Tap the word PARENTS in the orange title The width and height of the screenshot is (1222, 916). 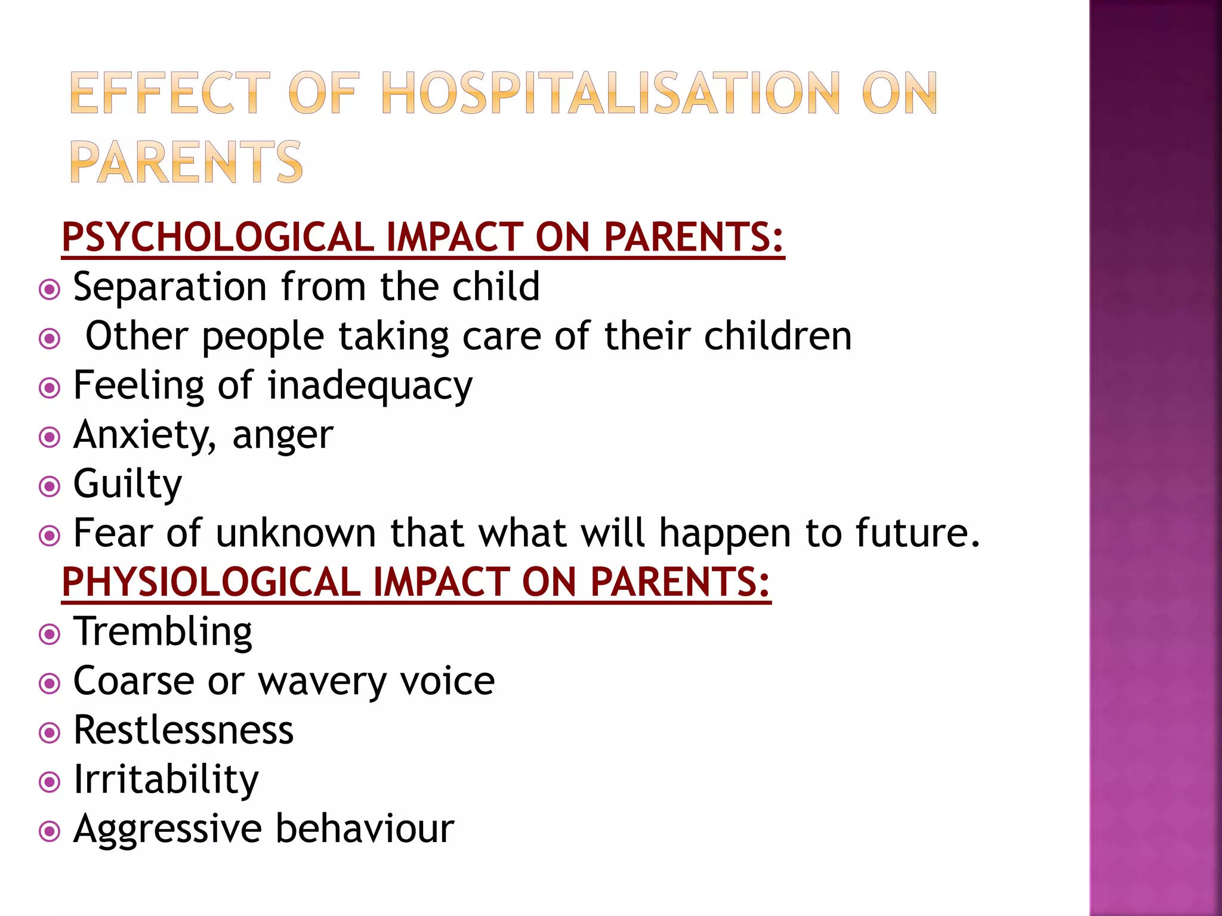[x=186, y=162]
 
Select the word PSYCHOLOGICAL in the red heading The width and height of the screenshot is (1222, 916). [x=218, y=237]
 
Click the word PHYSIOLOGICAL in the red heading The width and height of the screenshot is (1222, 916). [x=211, y=582]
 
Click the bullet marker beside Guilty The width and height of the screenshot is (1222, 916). [x=49, y=487]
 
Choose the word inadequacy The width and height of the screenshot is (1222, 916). [x=370, y=386]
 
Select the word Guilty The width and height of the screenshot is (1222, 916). [x=127, y=484]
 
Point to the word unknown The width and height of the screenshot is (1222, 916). [x=295, y=533]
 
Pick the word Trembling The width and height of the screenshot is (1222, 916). [x=162, y=632]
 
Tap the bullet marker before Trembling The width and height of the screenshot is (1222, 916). [x=49, y=634]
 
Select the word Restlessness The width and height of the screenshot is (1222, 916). [x=183, y=730]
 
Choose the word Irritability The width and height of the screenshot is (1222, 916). [x=166, y=780]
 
